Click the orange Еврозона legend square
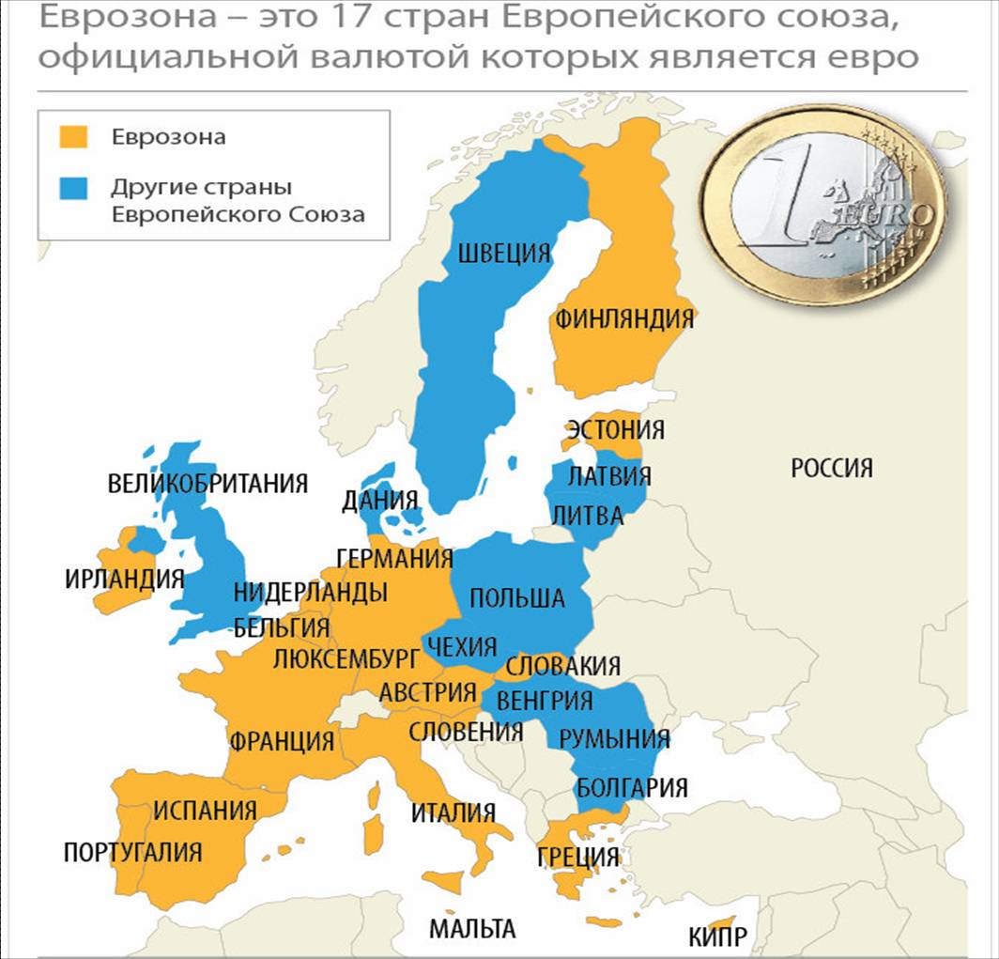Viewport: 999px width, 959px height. (x=73, y=137)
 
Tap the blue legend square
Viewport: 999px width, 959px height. (x=73, y=187)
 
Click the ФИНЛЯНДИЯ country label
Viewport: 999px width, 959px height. (x=624, y=318)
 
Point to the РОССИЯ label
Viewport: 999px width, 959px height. (x=832, y=467)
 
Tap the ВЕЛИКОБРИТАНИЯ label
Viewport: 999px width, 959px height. (x=207, y=484)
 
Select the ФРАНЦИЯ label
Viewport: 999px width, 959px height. (x=282, y=740)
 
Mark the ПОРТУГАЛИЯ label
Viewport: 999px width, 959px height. (x=132, y=852)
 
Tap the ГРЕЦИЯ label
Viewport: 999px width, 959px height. (x=578, y=857)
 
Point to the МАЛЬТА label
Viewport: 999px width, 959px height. (x=472, y=929)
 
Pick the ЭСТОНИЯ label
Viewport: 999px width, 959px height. (x=615, y=430)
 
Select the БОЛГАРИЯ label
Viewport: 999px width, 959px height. (x=632, y=787)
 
